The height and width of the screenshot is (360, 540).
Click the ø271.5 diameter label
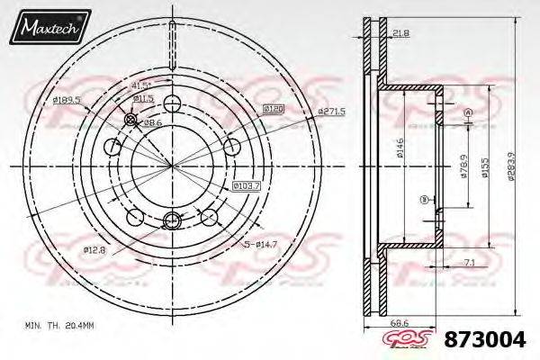(x=332, y=111)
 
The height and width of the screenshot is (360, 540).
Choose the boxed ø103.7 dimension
(x=247, y=185)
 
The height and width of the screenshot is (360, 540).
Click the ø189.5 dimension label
(x=67, y=100)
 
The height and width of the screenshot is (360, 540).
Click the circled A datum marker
(x=466, y=112)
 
